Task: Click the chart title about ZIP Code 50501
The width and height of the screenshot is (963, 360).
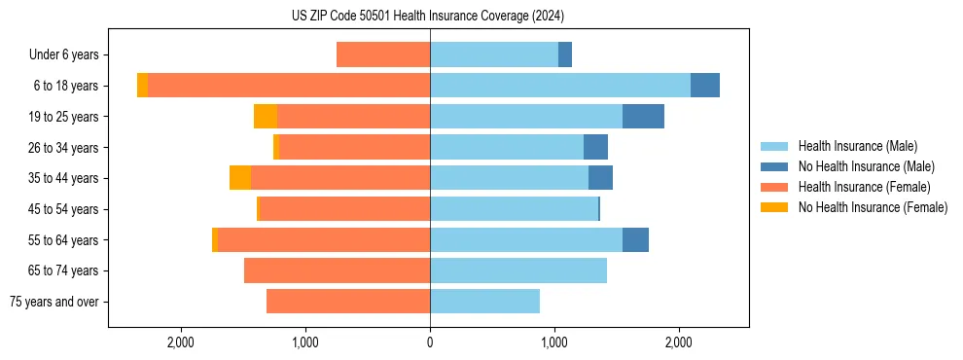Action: click(x=428, y=16)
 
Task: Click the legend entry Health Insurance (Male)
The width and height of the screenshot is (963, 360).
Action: click(x=857, y=146)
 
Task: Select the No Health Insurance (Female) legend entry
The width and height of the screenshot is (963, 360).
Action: click(x=873, y=207)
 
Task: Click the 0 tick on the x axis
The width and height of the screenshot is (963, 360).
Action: click(x=430, y=342)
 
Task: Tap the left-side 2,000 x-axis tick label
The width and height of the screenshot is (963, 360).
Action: click(x=182, y=342)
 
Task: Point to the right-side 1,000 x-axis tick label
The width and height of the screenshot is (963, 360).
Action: click(x=554, y=342)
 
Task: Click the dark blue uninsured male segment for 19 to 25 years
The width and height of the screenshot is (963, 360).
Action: click(x=643, y=117)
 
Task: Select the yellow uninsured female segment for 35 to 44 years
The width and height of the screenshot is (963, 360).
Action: click(x=240, y=178)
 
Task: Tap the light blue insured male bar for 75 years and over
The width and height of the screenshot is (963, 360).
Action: click(x=484, y=302)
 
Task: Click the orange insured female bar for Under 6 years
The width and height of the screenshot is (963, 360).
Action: click(x=383, y=55)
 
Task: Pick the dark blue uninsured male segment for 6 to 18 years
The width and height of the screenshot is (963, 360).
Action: click(x=705, y=86)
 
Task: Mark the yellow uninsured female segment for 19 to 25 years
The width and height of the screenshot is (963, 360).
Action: click(x=266, y=117)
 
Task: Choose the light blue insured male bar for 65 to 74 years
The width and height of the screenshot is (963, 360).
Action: click(x=518, y=270)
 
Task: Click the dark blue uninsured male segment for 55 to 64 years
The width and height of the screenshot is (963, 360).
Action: click(x=635, y=240)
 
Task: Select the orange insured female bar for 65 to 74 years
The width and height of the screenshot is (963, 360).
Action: click(x=338, y=270)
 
